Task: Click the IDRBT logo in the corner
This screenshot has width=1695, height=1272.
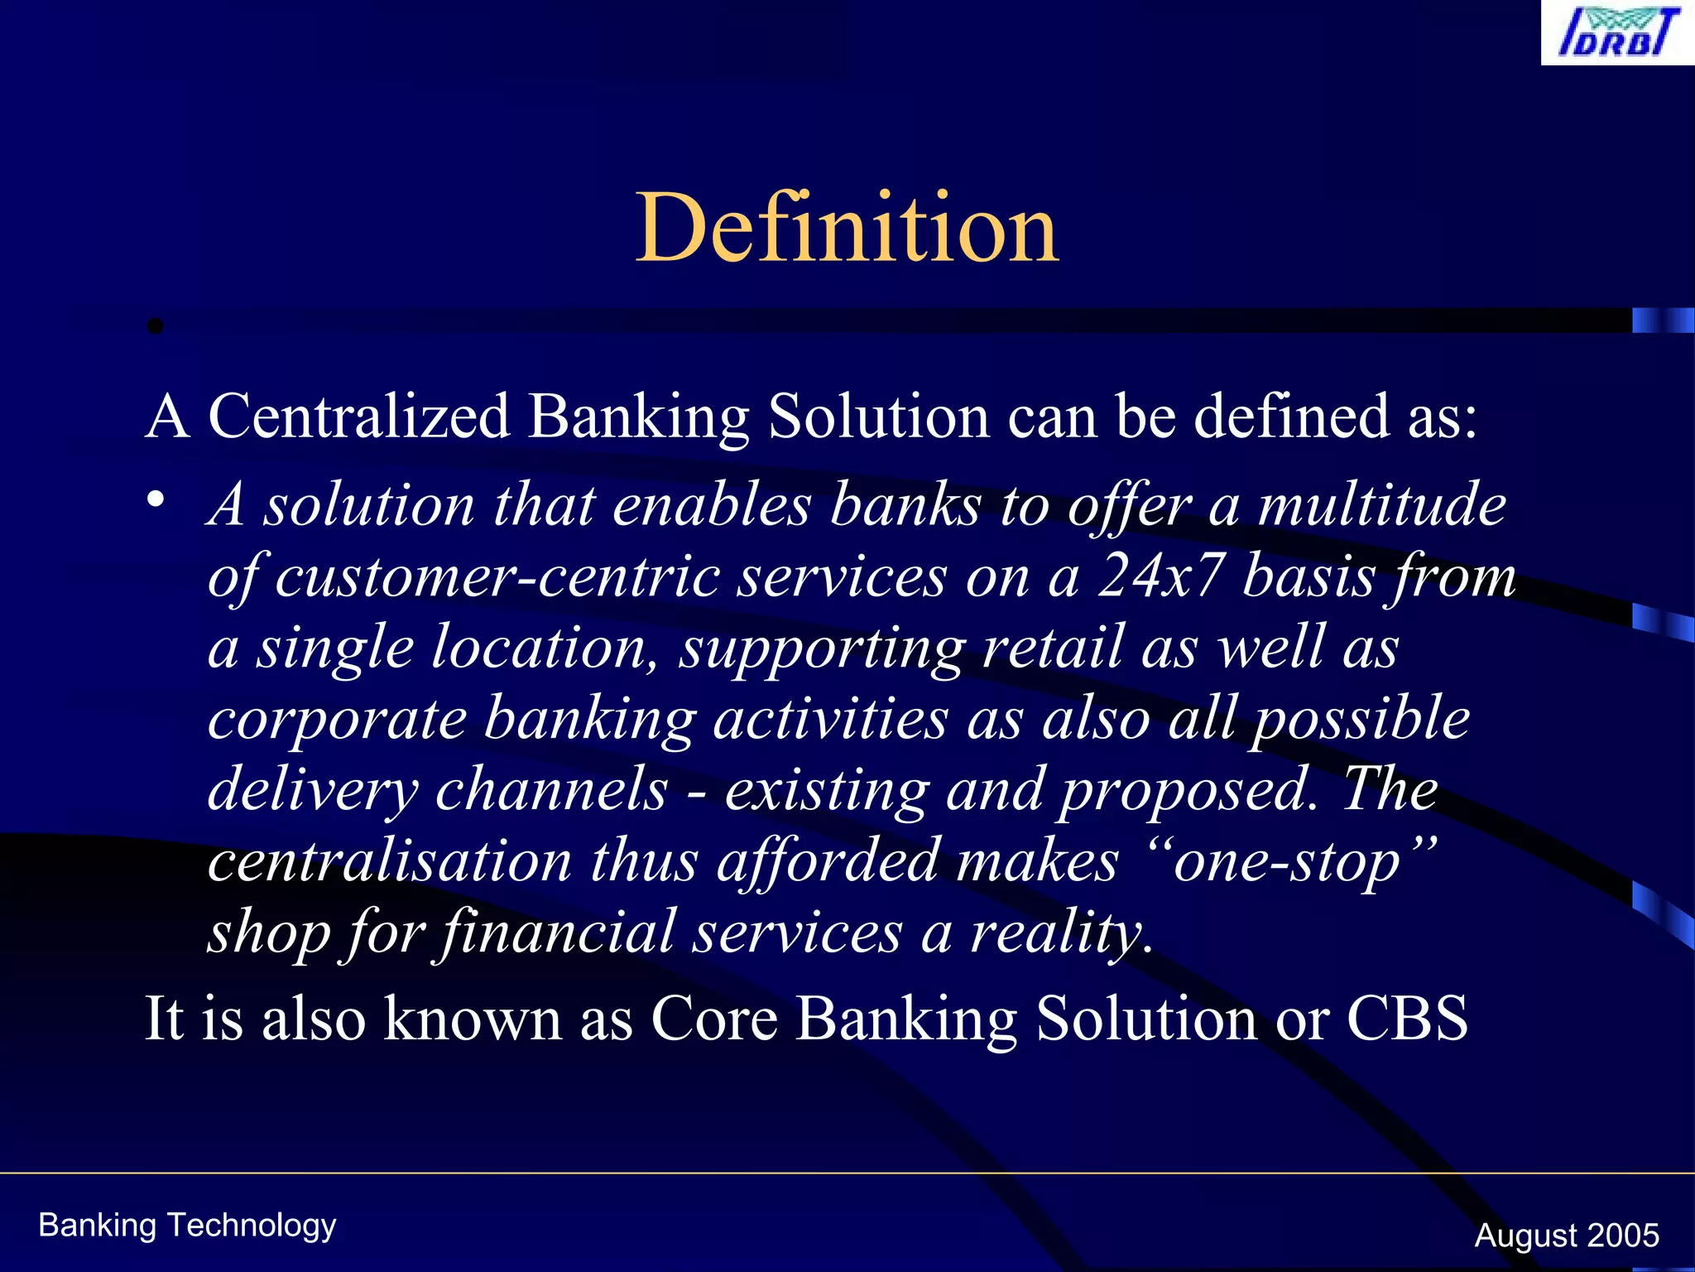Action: coord(1616,33)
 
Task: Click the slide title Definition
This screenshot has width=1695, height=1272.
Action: coord(847,228)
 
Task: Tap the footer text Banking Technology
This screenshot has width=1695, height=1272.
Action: coord(187,1225)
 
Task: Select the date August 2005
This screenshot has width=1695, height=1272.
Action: coord(1566,1235)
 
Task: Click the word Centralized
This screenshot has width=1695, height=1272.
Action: coord(358,416)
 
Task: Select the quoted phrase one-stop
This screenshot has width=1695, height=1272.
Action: coord(1286,862)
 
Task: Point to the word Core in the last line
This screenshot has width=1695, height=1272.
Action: coord(714,1018)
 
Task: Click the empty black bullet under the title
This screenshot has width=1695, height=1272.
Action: coord(155,327)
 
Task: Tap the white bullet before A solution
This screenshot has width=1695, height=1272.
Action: coord(156,499)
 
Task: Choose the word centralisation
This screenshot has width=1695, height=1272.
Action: coord(389,861)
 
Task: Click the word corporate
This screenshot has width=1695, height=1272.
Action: coord(337,718)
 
